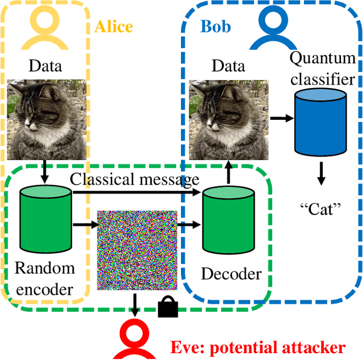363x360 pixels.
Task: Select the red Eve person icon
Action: tap(136, 338)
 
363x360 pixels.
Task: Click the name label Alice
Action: tap(113, 27)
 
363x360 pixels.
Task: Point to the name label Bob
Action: tap(215, 27)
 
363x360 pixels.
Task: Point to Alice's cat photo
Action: tap(46, 119)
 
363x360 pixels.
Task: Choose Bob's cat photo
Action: tap(228, 119)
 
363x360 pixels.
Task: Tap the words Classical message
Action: tap(134, 179)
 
